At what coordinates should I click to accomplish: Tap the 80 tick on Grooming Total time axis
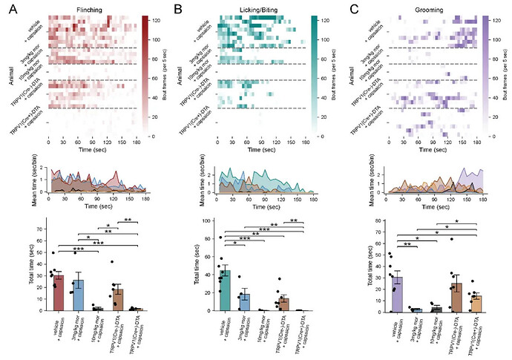(383, 221)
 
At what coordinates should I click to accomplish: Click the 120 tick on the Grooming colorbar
(499, 18)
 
